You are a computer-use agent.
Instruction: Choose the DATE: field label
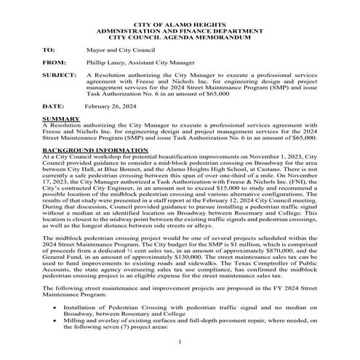pos(52,105)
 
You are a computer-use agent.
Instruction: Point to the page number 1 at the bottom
pos(180,342)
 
